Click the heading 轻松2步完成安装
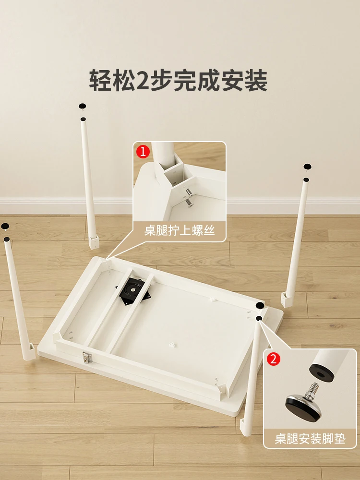pos(178,80)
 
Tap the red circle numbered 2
pos(274,360)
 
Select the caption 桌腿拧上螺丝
pos(179,231)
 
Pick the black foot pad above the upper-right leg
pos(307,167)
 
